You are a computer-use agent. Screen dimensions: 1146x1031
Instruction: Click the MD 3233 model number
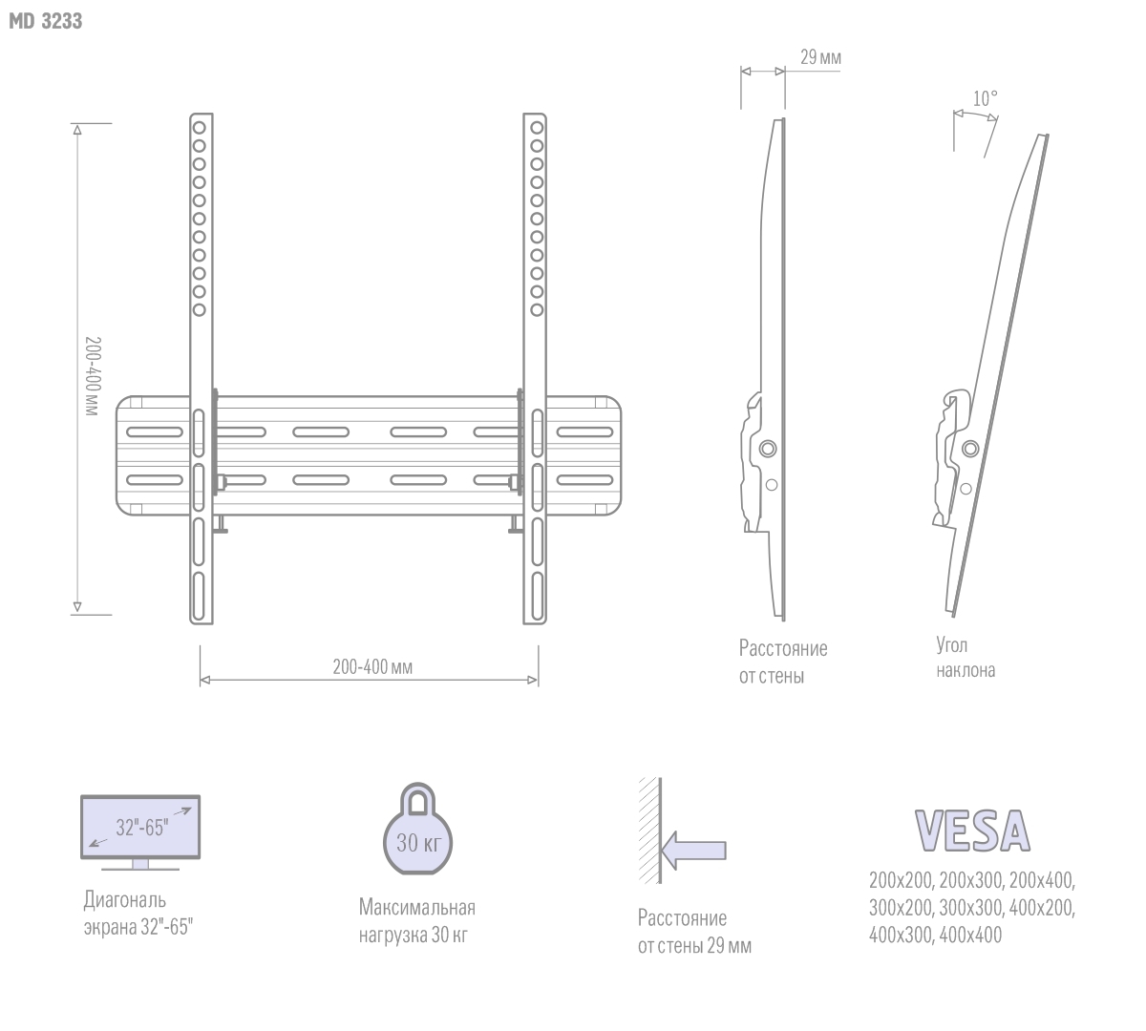click(x=46, y=21)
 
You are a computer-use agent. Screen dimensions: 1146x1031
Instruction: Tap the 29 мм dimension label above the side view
click(x=820, y=57)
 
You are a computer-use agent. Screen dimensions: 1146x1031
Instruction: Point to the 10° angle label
click(x=986, y=98)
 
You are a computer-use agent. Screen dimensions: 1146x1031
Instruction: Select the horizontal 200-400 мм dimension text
click(x=372, y=666)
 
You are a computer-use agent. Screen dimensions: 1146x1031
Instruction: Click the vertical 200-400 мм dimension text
click(x=93, y=376)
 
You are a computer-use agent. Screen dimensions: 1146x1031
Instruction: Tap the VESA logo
click(x=972, y=831)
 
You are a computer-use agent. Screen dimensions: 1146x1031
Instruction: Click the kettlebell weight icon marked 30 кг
click(x=417, y=829)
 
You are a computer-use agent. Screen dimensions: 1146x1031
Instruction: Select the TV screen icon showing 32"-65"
click(x=140, y=832)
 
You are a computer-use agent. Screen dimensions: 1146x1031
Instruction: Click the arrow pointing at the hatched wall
click(x=693, y=850)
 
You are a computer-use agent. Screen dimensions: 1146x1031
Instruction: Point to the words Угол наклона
click(x=965, y=658)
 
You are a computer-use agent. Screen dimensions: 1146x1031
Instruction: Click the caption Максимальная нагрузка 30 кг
click(x=416, y=921)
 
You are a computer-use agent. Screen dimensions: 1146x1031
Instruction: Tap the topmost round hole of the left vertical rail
click(x=199, y=127)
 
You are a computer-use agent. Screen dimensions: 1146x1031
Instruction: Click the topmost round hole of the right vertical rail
click(x=537, y=127)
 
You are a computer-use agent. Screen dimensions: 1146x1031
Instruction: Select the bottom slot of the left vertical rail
click(x=199, y=597)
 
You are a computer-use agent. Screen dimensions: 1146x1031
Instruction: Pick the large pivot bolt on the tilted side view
click(x=970, y=449)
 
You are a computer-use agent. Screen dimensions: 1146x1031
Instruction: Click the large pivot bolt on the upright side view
click(x=768, y=449)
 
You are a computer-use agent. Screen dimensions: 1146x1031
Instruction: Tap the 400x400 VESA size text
click(x=970, y=935)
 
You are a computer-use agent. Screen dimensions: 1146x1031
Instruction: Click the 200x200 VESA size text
click(x=901, y=881)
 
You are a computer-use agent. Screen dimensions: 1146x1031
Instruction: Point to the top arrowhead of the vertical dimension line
click(x=77, y=130)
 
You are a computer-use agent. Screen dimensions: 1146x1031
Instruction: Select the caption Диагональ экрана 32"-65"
click(x=138, y=914)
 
